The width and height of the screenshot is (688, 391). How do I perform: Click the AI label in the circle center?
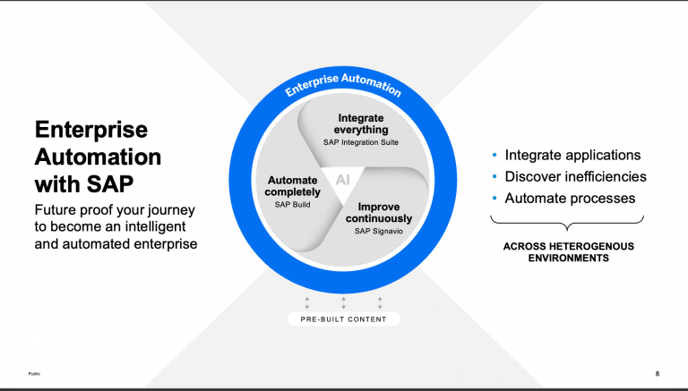(343, 179)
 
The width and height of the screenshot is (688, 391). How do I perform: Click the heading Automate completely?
(293, 185)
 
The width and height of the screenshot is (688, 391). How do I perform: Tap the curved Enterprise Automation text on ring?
(343, 84)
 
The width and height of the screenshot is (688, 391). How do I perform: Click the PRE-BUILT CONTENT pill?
(343, 319)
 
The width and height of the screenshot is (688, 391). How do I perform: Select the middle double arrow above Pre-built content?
(343, 302)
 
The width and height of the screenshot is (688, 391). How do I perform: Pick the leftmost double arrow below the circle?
(306, 302)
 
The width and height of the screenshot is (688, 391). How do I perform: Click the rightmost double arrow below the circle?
(380, 302)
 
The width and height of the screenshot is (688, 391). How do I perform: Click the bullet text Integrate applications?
(572, 155)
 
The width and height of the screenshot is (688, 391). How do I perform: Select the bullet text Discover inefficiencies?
(575, 176)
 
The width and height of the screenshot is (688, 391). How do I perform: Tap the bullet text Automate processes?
(570, 198)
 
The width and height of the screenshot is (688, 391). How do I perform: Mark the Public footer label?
(34, 373)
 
